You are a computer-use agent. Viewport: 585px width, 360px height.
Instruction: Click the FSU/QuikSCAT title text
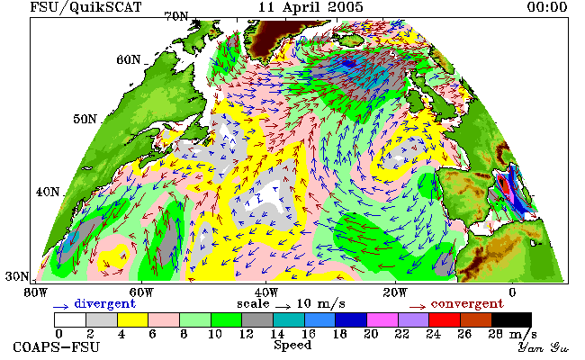pos(85,7)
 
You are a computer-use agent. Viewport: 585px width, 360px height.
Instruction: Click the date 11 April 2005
pos(310,7)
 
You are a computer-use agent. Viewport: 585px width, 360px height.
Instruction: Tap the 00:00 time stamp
pos(547,7)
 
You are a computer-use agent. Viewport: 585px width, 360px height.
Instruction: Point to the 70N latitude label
pos(176,16)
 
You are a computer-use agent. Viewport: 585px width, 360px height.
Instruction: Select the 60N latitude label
pos(129,59)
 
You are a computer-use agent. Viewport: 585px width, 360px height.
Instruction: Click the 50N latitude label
pos(85,120)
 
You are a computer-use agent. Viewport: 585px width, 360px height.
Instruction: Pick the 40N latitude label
pos(48,192)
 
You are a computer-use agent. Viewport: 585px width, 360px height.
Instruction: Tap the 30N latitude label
pos(17,276)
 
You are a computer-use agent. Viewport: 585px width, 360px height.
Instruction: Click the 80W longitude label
pos(36,292)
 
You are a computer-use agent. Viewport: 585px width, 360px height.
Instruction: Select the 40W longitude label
pos(265,292)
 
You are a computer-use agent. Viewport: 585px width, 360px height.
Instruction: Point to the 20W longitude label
pos(395,292)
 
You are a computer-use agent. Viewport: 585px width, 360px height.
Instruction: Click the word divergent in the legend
pos(104,304)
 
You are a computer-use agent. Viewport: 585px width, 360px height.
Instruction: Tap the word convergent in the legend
pos(467,304)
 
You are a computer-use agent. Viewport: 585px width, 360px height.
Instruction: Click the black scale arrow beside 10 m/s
pos(283,307)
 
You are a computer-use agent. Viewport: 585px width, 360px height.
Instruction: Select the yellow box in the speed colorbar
pos(132,320)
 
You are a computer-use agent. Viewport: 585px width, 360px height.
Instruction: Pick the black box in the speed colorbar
pos(511,320)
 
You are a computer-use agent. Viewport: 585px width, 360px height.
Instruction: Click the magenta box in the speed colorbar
pos(382,320)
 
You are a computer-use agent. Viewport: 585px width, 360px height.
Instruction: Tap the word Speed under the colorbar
pos(292,346)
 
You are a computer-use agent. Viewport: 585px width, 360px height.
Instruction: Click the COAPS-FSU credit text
pos(57,347)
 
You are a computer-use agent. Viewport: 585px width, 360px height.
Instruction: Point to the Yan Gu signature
pos(543,347)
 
